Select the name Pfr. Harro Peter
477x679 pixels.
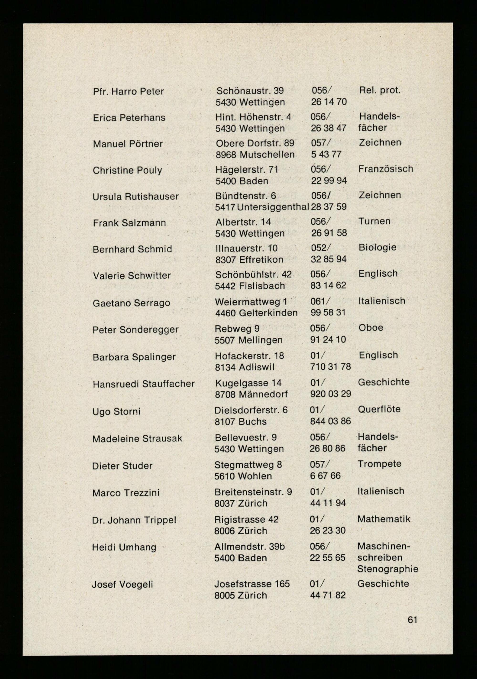pyautogui.click(x=128, y=91)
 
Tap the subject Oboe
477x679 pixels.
pyautogui.click(x=371, y=328)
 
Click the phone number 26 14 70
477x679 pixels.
pyautogui.click(x=329, y=102)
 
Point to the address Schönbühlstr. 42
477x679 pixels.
pyautogui.click(x=253, y=274)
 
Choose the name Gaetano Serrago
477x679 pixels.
pyautogui.click(x=131, y=303)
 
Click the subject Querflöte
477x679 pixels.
pyautogui.click(x=379, y=409)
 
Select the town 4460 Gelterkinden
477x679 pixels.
pyautogui.click(x=256, y=313)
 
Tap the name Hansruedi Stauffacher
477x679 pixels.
pyautogui.click(x=144, y=384)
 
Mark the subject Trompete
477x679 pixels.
pyautogui.click(x=379, y=464)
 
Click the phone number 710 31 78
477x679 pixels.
pyautogui.click(x=330, y=367)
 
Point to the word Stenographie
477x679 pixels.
pyautogui.click(x=388, y=569)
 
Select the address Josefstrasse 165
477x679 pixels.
pyautogui.click(x=252, y=584)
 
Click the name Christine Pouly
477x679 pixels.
pyautogui.click(x=127, y=170)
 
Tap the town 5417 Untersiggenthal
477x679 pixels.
pyautogui.click(x=262, y=207)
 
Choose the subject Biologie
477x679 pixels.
pyautogui.click(x=377, y=247)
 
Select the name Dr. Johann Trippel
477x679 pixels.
pyautogui.click(x=134, y=520)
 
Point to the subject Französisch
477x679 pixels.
pyautogui.click(x=386, y=169)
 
